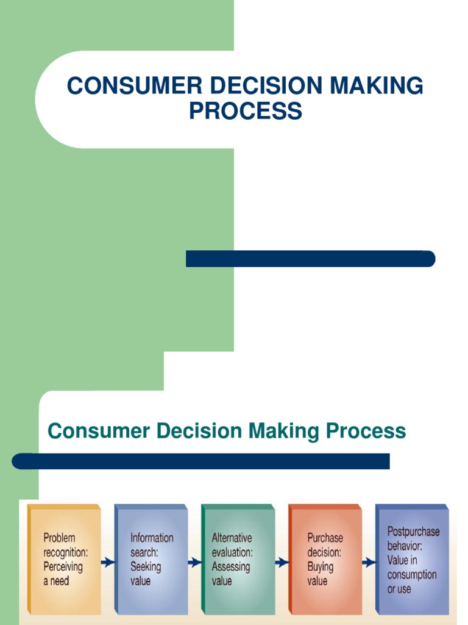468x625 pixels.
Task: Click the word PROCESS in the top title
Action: (x=245, y=111)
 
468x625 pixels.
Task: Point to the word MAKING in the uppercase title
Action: (x=375, y=86)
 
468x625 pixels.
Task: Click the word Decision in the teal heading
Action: (x=197, y=431)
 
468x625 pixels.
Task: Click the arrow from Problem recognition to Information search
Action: (x=108, y=562)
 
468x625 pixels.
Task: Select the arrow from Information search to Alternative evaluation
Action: (x=195, y=562)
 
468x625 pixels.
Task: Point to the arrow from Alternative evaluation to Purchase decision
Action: (x=282, y=562)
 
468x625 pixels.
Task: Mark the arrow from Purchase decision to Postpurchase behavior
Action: (x=369, y=562)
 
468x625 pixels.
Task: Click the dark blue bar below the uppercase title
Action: (x=310, y=259)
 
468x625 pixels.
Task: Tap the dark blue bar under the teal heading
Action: (x=201, y=461)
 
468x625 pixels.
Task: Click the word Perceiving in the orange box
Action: (x=63, y=566)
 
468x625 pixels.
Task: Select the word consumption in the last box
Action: (x=412, y=574)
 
